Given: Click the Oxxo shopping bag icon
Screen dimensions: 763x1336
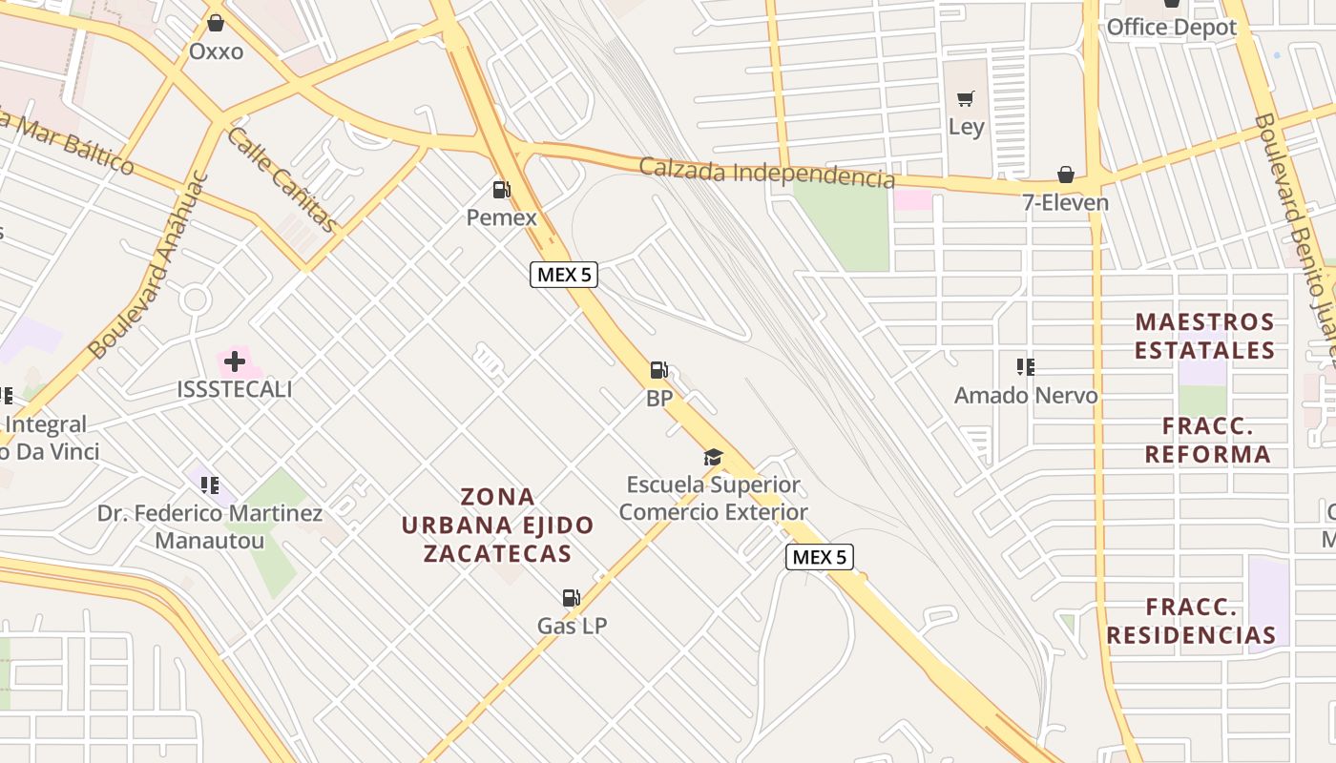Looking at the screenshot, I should click(216, 22).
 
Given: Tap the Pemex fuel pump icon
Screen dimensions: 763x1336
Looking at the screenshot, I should click(501, 190).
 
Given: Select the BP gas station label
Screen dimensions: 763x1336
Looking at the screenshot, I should click(659, 399).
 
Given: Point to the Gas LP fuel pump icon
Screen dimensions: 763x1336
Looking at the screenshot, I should click(571, 598).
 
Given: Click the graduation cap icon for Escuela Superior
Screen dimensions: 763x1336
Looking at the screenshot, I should click(713, 458).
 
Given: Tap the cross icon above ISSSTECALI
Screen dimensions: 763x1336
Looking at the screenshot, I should click(235, 361).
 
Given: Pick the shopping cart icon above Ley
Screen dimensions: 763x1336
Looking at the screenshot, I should click(966, 98).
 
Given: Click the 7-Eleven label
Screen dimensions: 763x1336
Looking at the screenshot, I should click(1065, 202).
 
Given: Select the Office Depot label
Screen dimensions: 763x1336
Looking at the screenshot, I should click(1171, 27).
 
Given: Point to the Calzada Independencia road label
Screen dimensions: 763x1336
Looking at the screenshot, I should click(767, 174).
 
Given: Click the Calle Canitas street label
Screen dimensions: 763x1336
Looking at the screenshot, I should click(282, 178).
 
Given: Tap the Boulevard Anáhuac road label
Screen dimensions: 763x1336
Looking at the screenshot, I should click(148, 266).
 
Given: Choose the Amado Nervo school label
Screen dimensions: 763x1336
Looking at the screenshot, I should click(1026, 395).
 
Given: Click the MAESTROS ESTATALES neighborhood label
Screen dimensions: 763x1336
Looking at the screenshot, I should click(1204, 336).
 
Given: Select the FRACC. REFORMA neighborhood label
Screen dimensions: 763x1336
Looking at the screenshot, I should click(1207, 440).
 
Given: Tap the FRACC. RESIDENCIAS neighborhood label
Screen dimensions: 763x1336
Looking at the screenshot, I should click(1191, 621).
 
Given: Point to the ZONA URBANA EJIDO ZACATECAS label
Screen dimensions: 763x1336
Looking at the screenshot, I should click(497, 525).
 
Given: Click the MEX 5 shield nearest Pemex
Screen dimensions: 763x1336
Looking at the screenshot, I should click(564, 275).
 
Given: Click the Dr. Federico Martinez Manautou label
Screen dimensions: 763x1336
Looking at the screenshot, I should click(210, 526).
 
